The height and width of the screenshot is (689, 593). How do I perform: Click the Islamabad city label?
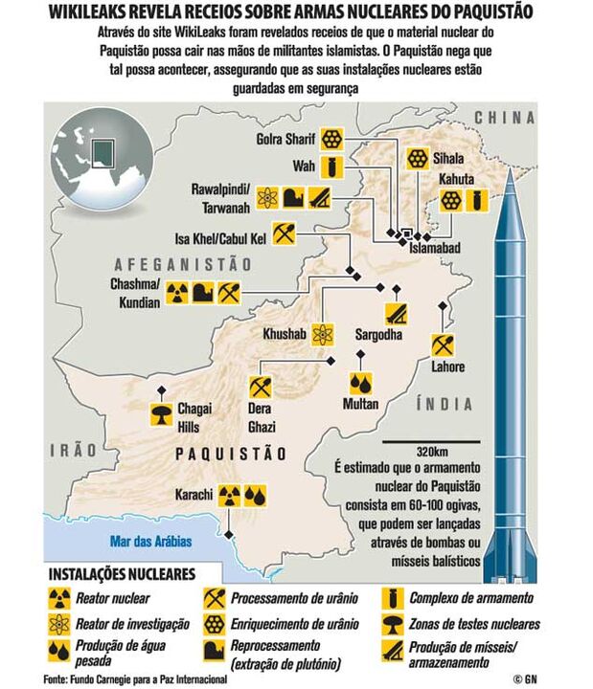click(435, 248)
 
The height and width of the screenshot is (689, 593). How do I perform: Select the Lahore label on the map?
click(447, 367)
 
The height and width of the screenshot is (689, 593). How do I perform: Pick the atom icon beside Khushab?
click(325, 335)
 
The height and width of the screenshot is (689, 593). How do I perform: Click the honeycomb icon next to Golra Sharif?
click(331, 137)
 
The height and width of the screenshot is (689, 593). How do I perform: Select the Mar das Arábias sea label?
click(150, 542)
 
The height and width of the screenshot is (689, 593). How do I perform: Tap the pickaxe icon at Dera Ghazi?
click(261, 387)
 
